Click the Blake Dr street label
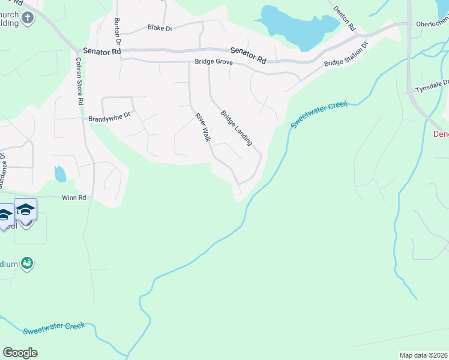click(160, 28)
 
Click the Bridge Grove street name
click(213, 62)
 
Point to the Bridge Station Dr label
click(345, 55)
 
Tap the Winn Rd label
click(74, 197)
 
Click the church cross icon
click(27, 19)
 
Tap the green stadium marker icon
click(26, 263)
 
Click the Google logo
click(20, 352)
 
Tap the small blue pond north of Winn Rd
click(60, 174)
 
